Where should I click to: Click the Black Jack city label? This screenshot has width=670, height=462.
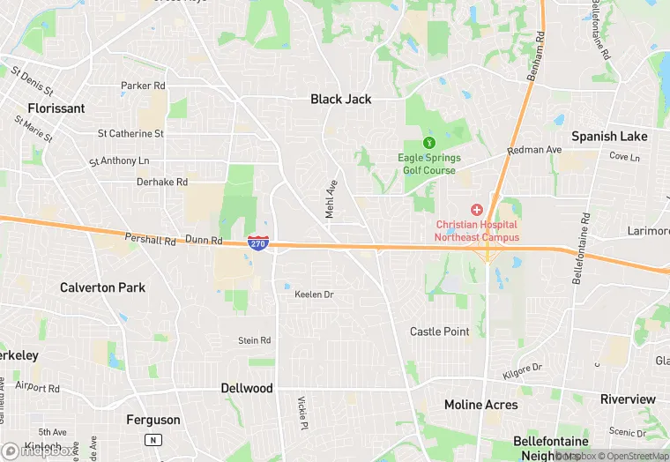coord(340,100)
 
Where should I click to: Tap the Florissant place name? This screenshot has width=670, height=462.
coord(56,108)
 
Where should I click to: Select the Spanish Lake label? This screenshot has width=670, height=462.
coord(609,137)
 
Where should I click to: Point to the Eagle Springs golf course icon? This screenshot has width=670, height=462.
coord(429,143)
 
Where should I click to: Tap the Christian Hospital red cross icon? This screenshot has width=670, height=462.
coord(477,210)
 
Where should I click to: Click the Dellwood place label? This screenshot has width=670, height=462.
coord(246,388)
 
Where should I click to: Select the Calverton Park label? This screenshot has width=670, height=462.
coord(102,287)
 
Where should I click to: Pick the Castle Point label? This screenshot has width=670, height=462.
coord(440,332)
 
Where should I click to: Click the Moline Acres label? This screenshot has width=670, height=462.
coord(481,405)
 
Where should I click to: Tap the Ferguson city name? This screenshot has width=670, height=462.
coord(153,420)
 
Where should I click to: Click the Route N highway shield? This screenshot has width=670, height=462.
coord(153,439)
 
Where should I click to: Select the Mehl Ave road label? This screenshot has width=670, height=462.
coord(331,199)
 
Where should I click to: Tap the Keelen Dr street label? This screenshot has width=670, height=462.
coord(314,294)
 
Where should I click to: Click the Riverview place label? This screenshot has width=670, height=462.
coord(628,399)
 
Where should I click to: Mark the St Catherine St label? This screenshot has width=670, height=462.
coord(130,134)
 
